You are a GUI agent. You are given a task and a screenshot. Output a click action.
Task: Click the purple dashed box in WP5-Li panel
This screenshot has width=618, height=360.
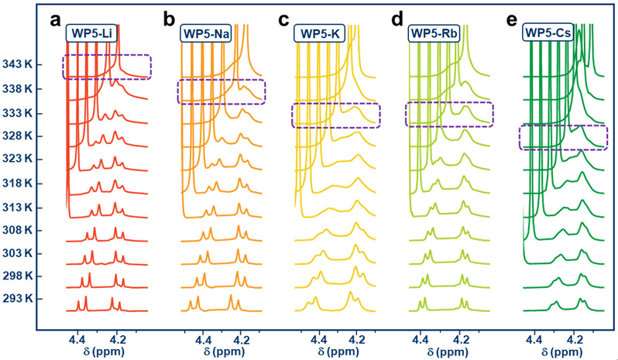pyautogui.click(x=107, y=67)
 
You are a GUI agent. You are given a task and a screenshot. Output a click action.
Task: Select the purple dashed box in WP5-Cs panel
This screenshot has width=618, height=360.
pyautogui.click(x=562, y=137)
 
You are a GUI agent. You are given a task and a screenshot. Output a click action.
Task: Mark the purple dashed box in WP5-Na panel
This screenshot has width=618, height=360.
pyautogui.click(x=221, y=91)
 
